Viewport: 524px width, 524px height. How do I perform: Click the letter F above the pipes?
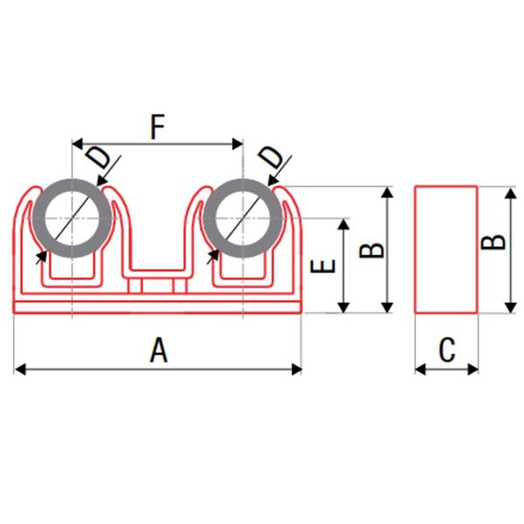coord(158,127)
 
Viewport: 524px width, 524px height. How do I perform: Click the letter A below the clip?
coord(158,350)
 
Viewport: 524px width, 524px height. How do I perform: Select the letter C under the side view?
coord(447,350)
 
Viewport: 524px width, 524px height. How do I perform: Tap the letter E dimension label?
coord(323,266)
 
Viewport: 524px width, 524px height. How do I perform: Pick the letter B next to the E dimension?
coord(372,250)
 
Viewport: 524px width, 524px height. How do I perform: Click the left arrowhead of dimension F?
coord(78,144)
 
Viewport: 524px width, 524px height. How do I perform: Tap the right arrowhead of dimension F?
coord(238,144)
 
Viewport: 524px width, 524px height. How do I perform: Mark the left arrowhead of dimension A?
coord(20,369)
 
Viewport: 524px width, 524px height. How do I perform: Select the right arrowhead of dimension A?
coord(297,369)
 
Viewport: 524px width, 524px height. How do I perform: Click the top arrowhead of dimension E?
coord(343,224)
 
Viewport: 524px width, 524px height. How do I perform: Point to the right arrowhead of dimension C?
coord(472,369)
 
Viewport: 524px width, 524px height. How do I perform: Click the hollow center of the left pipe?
coord(72,218)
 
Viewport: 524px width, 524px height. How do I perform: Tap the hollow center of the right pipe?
coord(243,218)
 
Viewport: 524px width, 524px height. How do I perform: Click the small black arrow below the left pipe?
coord(42,258)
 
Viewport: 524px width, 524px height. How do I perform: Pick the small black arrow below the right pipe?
coord(212,257)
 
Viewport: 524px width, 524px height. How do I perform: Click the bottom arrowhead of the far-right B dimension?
coord(510,307)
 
